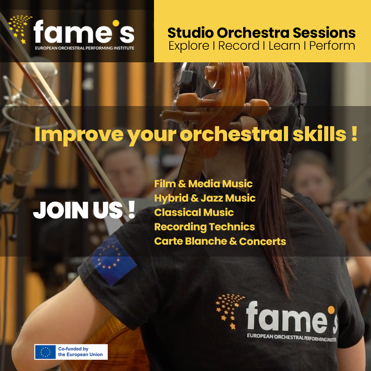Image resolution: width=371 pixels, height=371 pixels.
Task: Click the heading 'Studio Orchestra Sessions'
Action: [261, 33]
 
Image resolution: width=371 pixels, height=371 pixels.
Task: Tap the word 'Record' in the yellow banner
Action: [239, 45]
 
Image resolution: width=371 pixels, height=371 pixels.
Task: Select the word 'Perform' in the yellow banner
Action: [332, 46]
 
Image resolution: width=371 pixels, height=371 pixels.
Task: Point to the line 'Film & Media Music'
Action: [203, 184]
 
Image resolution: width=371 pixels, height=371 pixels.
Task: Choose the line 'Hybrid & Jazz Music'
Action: [205, 198]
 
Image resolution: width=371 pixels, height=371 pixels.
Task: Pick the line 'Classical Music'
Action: [194, 212]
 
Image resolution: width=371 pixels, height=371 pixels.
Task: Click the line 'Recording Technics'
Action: [205, 227]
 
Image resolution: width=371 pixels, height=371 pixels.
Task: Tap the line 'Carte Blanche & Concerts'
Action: [220, 241]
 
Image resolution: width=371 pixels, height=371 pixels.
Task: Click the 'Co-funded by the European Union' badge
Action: [71, 352]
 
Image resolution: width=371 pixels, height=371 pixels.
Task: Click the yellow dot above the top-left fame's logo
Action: [116, 23]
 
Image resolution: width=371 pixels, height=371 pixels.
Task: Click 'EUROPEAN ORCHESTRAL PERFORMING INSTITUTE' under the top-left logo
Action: [85, 48]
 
